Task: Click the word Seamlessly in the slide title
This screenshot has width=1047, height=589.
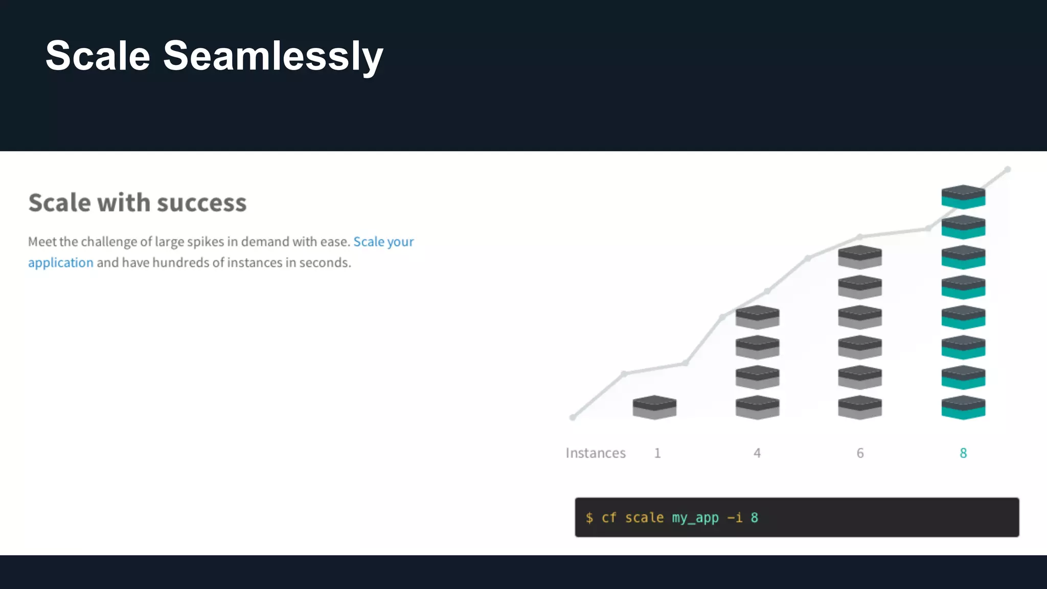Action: click(273, 56)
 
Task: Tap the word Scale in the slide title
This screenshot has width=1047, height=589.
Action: click(98, 56)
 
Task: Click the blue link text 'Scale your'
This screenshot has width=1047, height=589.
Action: click(383, 242)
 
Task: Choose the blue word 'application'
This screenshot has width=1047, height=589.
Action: click(61, 263)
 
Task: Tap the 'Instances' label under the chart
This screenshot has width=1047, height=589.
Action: click(596, 453)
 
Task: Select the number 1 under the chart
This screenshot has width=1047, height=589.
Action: click(657, 453)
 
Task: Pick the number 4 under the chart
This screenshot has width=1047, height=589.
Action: click(757, 453)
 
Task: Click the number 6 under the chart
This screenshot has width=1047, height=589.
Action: click(860, 453)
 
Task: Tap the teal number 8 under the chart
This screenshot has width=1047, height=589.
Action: click(963, 453)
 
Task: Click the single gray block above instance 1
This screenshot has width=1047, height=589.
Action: click(654, 407)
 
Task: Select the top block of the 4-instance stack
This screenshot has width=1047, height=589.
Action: click(757, 317)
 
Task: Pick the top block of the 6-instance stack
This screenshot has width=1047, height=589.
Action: click(860, 257)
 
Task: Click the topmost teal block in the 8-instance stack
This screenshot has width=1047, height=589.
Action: click(963, 197)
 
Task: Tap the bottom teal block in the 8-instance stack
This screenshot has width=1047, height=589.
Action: click(963, 407)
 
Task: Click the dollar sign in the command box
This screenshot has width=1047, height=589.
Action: click(589, 518)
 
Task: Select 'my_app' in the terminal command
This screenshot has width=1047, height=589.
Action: click(695, 518)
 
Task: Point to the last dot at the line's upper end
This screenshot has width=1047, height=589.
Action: click(1007, 169)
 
